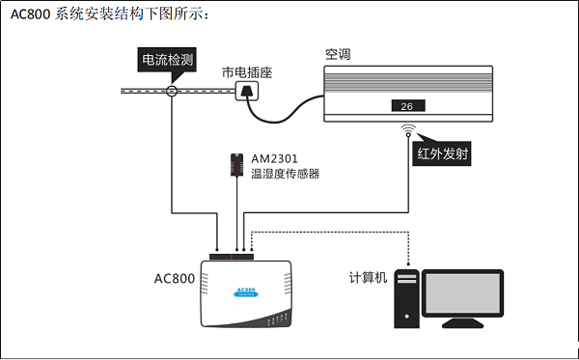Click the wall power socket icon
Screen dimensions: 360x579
248,91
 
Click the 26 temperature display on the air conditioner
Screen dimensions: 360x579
406,106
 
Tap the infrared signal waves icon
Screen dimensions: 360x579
408,128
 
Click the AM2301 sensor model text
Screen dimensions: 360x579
274,158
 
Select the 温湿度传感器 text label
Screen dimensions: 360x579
285,174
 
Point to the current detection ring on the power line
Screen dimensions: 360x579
171,91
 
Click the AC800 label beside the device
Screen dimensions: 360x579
175,279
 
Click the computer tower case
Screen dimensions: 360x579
407,302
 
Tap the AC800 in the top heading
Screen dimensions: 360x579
30,14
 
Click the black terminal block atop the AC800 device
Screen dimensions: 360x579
236,256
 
